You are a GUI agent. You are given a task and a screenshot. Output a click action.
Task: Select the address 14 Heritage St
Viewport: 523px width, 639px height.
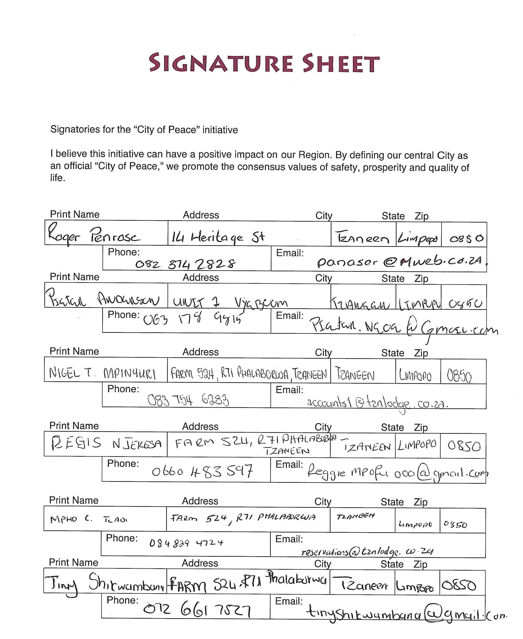pos(218,237)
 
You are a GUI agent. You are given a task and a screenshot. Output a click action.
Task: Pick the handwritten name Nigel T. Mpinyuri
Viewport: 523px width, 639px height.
pos(102,373)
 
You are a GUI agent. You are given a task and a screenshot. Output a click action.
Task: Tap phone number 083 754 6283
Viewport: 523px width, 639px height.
pos(188,400)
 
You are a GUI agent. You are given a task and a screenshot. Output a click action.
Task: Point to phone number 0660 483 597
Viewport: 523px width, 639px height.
pos(202,471)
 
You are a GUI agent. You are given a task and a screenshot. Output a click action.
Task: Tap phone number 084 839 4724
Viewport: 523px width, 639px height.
pos(186,543)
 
